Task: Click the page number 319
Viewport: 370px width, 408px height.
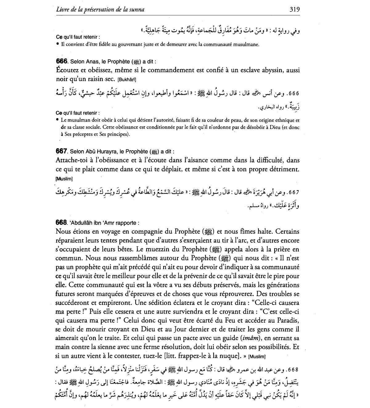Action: (294, 9)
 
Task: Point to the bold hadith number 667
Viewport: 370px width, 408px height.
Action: (61, 151)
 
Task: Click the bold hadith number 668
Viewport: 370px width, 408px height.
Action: (61, 222)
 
